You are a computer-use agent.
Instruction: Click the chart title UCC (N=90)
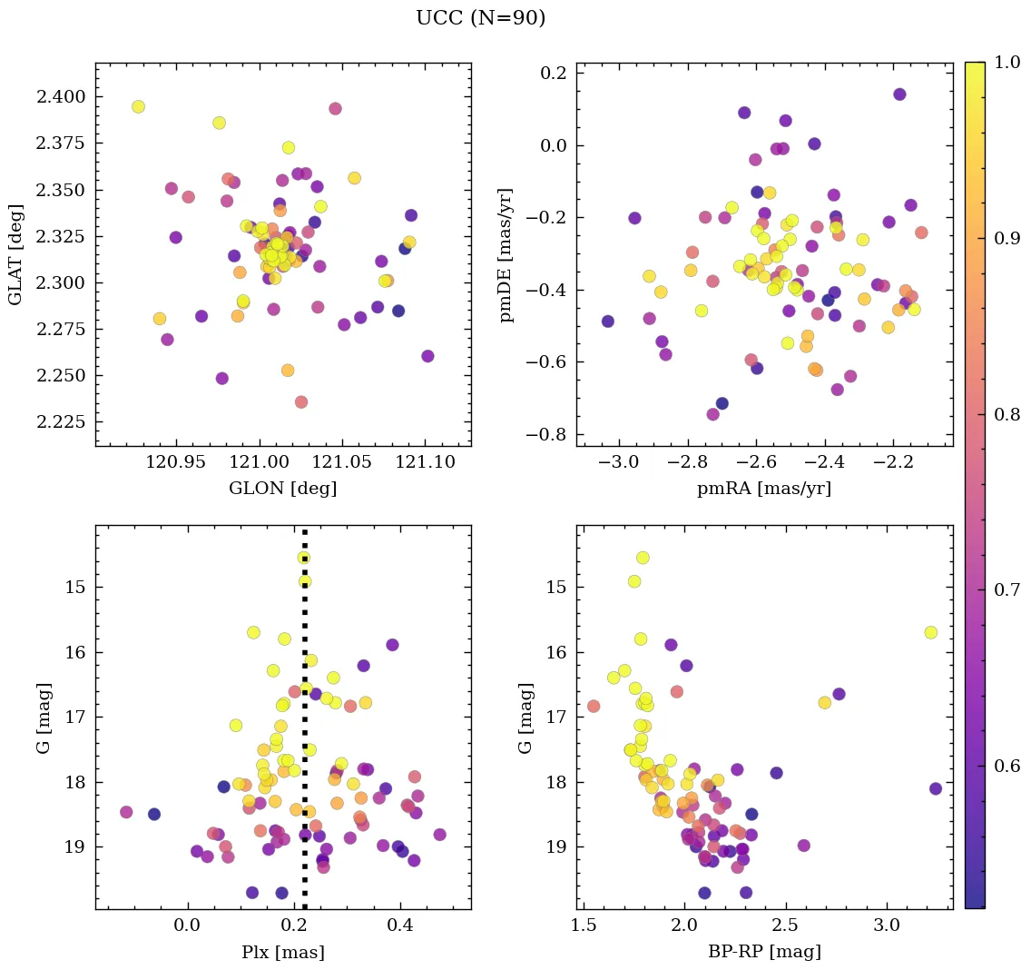[x=480, y=18]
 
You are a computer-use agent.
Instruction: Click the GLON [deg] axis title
[x=282, y=489]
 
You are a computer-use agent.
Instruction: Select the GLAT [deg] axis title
[x=15, y=254]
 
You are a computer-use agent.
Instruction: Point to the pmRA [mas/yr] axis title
[x=763, y=489]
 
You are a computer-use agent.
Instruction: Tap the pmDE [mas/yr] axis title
[x=507, y=254]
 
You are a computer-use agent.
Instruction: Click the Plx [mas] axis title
[x=282, y=952]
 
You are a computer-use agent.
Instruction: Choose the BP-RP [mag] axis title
[x=763, y=952]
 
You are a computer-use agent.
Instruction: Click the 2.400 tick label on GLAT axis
[x=63, y=97]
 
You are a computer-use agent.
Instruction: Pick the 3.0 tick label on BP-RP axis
[x=887, y=926]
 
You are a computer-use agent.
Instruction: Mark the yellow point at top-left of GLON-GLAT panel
[x=138, y=107]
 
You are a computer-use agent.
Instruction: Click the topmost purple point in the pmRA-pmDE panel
[x=899, y=94]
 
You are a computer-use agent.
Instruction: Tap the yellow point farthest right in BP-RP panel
[x=930, y=632]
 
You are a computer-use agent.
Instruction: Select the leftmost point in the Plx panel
[x=126, y=812]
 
